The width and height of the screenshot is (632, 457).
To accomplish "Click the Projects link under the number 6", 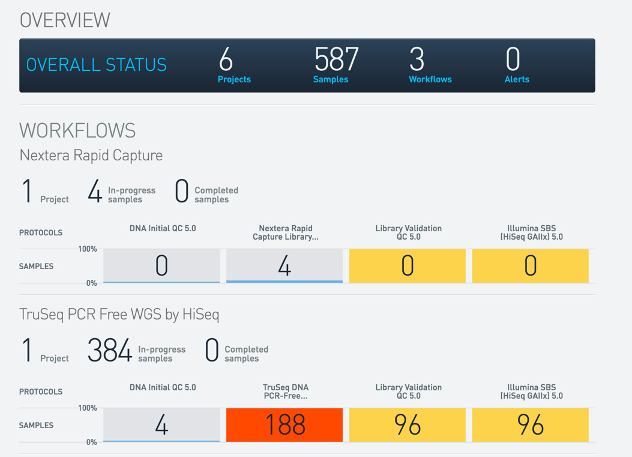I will pos(234,79).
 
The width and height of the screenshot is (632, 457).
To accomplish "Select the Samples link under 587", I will pos(331,79).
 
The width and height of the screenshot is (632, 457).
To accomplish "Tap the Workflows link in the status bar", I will pos(430,79).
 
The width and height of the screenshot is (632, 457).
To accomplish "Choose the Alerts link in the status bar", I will pos(517,79).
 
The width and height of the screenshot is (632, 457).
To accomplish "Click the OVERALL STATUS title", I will pos(97,65).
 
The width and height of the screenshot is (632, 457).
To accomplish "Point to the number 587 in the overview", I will pos(336,59).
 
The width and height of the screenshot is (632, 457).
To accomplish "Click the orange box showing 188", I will pos(284,425).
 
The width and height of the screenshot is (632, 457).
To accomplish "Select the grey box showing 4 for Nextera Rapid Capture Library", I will pos(284,265).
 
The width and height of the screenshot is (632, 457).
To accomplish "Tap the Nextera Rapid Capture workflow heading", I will pos(91,155).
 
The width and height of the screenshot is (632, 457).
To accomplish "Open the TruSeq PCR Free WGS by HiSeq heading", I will pos(119,314).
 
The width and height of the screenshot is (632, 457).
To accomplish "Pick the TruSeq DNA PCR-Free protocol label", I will pos(286,392).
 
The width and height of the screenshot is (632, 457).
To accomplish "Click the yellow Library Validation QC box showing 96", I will pos(408,425).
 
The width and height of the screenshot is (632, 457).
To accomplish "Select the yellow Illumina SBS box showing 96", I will pos(531,425).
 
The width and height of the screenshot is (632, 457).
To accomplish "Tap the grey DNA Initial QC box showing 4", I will pos(161,425).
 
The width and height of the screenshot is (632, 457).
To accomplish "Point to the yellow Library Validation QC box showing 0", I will pos(408,265).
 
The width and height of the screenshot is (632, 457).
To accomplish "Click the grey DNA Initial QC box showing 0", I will pos(161,265).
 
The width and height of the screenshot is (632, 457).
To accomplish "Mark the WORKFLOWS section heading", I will pos(77,130).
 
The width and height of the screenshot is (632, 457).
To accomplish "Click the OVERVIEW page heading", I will pos(65,20).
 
